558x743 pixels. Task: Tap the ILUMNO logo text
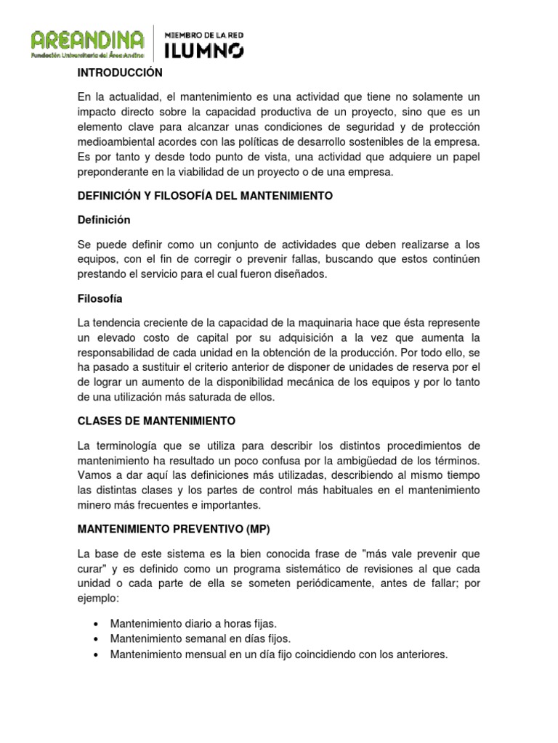click(x=205, y=49)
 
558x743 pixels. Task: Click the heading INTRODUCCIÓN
click(x=120, y=73)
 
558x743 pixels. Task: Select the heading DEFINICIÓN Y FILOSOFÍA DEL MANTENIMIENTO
click(x=205, y=196)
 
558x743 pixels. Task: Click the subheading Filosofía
click(x=100, y=298)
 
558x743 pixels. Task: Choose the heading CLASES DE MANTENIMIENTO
click(x=156, y=421)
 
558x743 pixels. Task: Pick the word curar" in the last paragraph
click(x=93, y=567)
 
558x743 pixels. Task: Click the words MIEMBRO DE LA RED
click(x=205, y=34)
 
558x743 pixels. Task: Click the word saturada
click(x=222, y=398)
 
